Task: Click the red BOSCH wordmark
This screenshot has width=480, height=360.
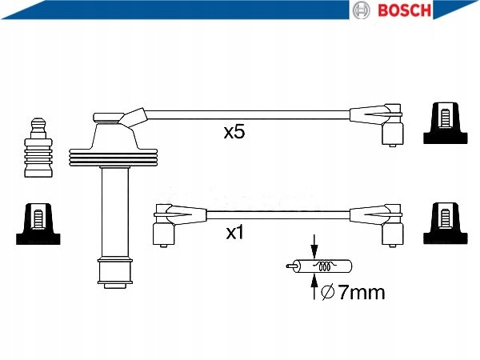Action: (404, 10)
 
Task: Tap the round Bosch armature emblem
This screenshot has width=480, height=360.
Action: (362, 10)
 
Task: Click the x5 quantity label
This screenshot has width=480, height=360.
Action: (234, 132)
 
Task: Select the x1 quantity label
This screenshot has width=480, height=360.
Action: (234, 233)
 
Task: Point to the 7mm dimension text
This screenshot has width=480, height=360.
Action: (362, 292)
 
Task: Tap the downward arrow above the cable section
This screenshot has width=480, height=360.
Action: (314, 246)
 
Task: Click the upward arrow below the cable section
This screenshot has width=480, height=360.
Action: (314, 286)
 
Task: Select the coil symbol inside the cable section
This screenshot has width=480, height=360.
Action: (325, 266)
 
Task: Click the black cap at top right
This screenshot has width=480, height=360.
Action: (446, 123)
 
